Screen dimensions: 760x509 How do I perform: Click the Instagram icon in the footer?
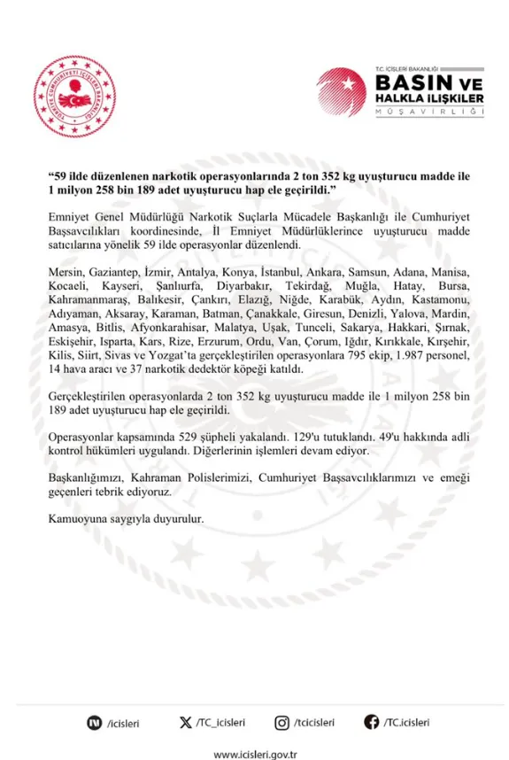pos(281,723)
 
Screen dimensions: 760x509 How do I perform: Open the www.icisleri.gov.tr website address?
pos(254,752)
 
